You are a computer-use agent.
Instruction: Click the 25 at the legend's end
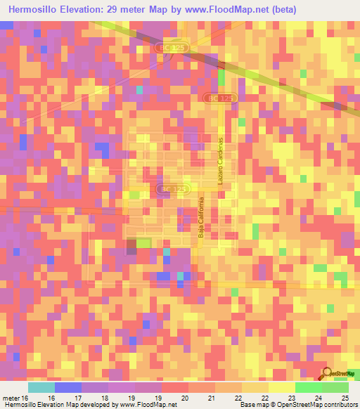point(345,397)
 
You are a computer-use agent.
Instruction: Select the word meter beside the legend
point(10,397)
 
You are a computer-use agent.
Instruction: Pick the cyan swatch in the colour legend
point(41,387)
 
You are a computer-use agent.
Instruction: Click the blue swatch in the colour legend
point(68,387)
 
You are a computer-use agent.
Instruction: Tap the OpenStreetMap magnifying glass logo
point(328,373)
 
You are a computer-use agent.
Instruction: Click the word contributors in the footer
point(340,405)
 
